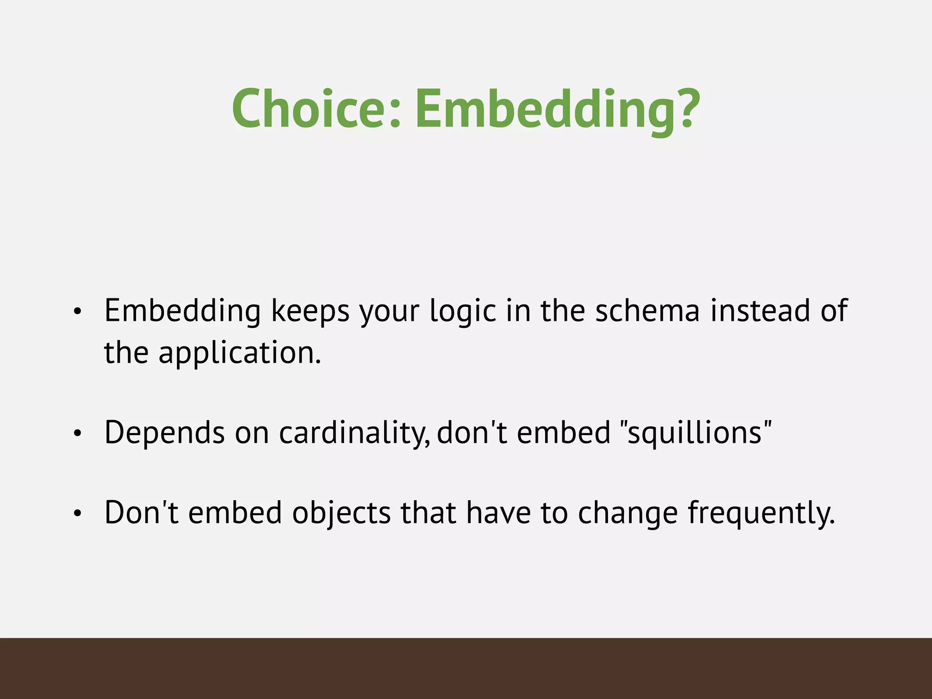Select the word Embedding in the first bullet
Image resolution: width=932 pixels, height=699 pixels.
pos(182,311)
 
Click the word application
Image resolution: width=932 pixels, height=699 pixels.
pos(239,353)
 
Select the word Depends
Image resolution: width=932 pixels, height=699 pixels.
pos(164,432)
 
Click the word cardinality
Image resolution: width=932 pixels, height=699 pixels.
pos(354,432)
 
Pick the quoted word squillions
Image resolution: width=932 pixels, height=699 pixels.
pos(695,432)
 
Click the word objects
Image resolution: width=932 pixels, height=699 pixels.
pos(341,513)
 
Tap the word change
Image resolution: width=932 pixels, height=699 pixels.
pos(628,513)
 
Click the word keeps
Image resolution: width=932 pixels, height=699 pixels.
pos(310,311)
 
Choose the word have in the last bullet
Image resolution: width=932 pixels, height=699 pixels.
pos(498,513)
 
